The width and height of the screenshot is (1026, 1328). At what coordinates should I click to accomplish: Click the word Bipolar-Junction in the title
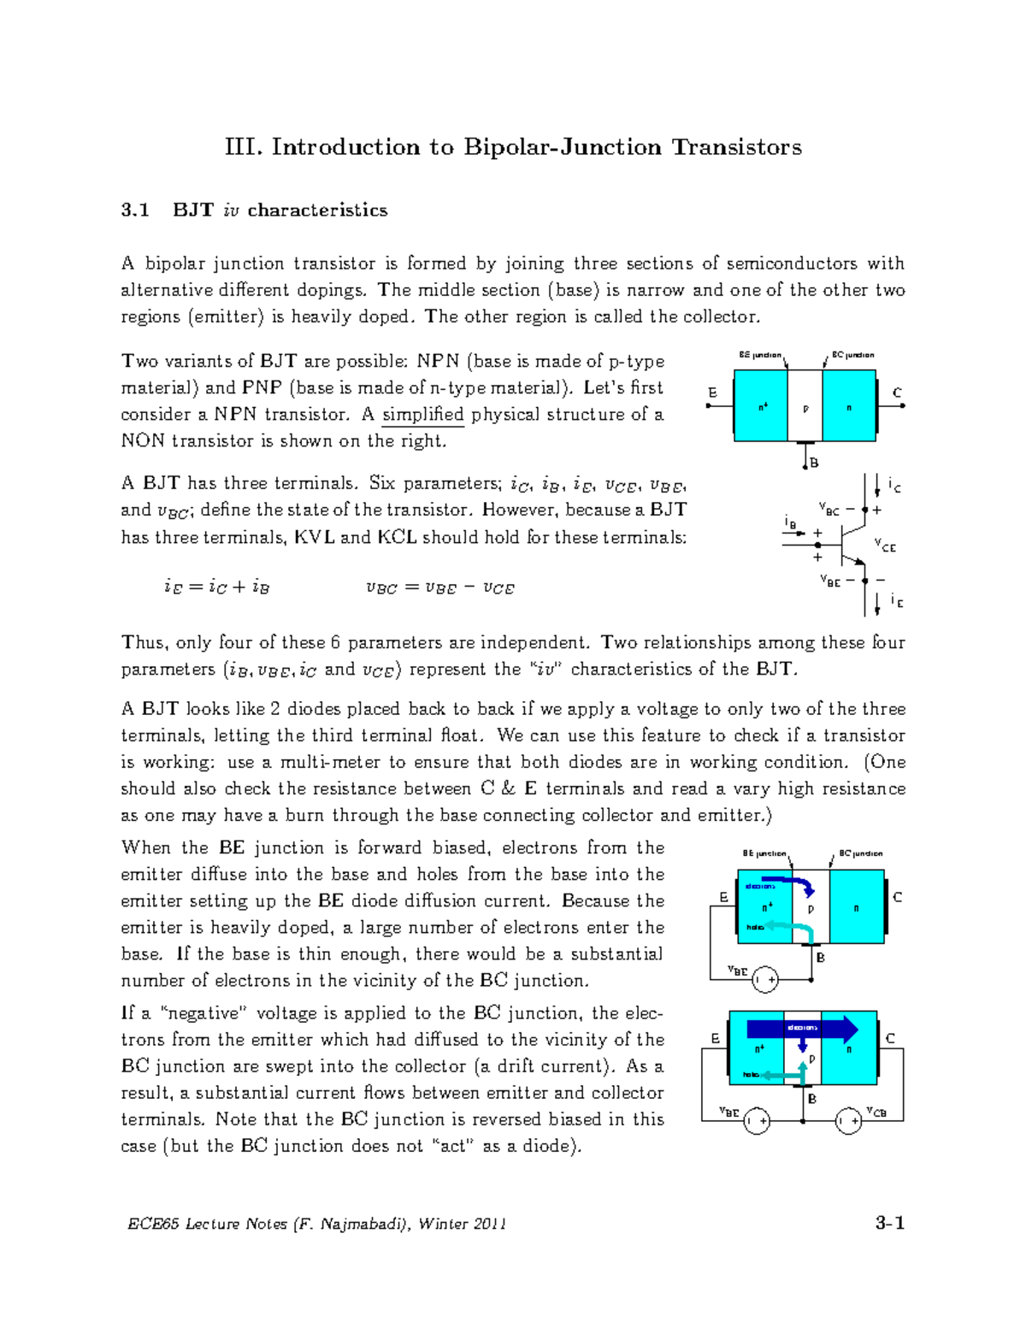coord(563,147)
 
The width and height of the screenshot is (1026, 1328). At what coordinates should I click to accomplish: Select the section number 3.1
coord(135,210)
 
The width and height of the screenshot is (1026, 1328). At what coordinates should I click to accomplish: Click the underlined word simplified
coord(422,415)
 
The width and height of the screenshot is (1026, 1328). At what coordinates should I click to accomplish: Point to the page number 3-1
coord(890,1223)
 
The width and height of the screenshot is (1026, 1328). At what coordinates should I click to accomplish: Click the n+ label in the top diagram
coord(763,407)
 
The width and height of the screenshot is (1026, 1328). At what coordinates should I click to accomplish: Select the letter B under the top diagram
coord(815,463)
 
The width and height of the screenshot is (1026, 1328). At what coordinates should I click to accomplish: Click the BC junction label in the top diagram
coord(853,355)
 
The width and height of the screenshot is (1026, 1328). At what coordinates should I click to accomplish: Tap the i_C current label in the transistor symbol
coord(894,486)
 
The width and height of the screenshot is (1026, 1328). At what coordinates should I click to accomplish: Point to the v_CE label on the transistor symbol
coord(886,545)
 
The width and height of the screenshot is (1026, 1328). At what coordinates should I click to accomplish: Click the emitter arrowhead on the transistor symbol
coord(859,562)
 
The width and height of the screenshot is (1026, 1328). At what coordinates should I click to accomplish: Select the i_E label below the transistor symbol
coord(896,601)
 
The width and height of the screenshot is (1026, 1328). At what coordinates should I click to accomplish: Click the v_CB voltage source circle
coord(848,1120)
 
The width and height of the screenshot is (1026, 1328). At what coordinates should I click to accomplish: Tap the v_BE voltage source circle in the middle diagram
coord(765,980)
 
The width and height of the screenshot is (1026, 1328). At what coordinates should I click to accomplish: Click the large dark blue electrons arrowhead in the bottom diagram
coord(848,1029)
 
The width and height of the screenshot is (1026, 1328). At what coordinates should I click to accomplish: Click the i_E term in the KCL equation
coord(174,587)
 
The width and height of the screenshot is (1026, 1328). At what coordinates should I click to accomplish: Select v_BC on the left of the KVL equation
coord(381,588)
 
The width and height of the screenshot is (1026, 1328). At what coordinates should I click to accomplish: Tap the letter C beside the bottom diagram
coord(890,1038)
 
